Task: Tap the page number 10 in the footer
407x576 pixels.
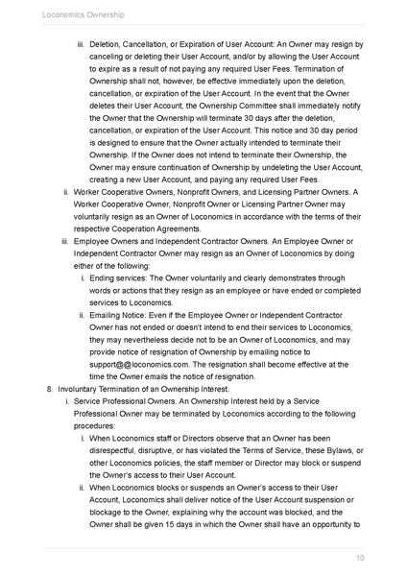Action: tap(359, 557)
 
